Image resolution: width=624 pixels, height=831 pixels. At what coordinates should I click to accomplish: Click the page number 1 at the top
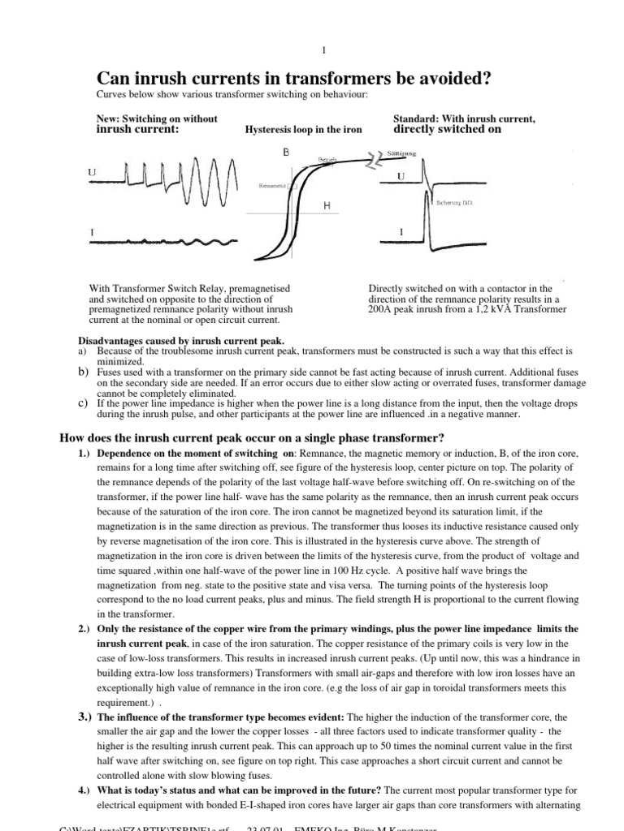click(324, 50)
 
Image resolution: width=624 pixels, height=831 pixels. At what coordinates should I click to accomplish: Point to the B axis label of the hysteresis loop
click(286, 152)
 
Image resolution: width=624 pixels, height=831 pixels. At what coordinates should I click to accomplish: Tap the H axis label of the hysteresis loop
click(327, 206)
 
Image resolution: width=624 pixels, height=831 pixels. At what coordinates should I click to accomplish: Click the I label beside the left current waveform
click(91, 235)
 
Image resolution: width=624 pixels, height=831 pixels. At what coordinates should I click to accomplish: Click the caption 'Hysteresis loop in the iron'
click(303, 129)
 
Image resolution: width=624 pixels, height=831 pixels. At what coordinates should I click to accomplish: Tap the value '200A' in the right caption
click(382, 310)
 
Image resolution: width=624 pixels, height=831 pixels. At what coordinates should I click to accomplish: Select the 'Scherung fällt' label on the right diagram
click(461, 203)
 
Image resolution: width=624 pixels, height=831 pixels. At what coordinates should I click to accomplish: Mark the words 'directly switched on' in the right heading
click(447, 129)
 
